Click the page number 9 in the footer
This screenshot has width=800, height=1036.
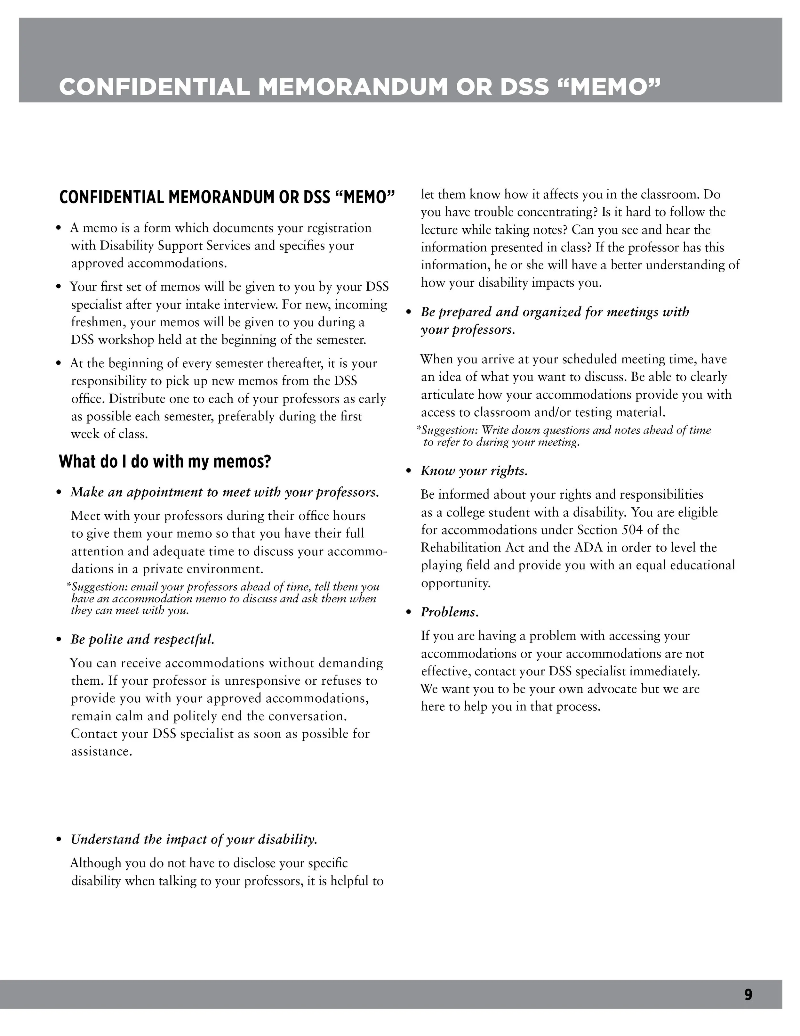(748, 994)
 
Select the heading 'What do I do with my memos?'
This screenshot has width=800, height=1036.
(164, 461)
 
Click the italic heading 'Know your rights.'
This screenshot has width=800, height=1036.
(474, 471)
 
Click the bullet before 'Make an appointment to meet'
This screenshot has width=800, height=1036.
(59, 493)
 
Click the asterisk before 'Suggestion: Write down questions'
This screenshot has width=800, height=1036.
(419, 429)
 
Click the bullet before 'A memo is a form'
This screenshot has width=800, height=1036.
(59, 229)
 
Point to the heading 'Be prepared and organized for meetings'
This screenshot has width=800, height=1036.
(555, 312)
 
